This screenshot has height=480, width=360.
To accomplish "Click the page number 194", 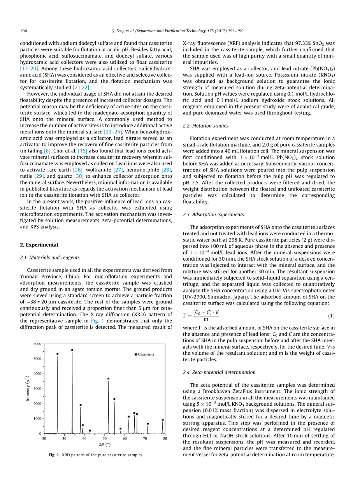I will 23,31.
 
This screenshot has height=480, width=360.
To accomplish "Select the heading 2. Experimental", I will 39,245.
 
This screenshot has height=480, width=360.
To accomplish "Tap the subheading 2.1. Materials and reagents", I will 49,258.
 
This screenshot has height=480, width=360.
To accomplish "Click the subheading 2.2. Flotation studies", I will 205,126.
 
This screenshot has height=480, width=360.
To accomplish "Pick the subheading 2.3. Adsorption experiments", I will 213,215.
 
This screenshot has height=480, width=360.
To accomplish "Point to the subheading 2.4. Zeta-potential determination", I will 219,372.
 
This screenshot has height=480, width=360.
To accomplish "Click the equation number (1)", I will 331,305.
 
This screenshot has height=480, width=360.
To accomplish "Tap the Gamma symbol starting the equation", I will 185,305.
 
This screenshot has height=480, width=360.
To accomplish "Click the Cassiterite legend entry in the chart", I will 144,354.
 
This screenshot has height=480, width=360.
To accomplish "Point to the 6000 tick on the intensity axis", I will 37,344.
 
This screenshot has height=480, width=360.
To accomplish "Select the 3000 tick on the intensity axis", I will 37,389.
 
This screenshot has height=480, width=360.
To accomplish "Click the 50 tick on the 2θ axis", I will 105,439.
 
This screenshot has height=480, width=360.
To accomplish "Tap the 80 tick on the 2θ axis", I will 165,439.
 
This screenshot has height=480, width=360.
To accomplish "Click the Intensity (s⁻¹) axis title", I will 28,389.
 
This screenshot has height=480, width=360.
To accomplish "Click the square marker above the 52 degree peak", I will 108,378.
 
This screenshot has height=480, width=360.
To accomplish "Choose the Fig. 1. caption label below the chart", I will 54,455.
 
